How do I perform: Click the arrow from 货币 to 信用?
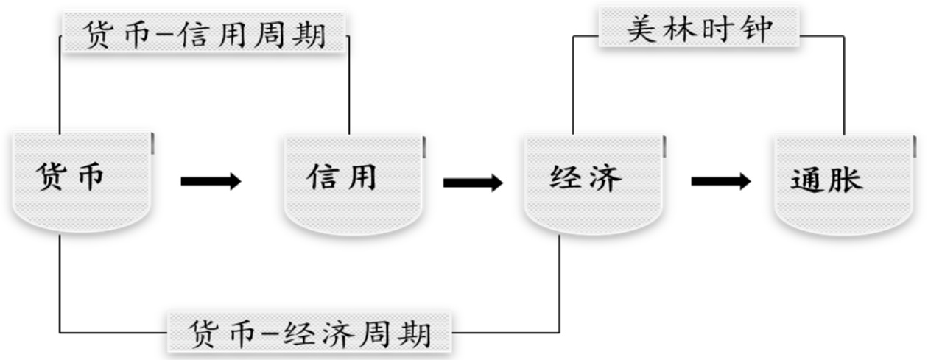[x=211, y=181]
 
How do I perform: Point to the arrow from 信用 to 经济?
[x=473, y=183]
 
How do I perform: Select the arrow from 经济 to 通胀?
[x=720, y=182]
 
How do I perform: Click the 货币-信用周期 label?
[x=204, y=34]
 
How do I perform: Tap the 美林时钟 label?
[x=699, y=30]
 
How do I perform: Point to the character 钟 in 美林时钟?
[x=756, y=30]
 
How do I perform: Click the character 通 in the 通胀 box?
[x=808, y=181]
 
